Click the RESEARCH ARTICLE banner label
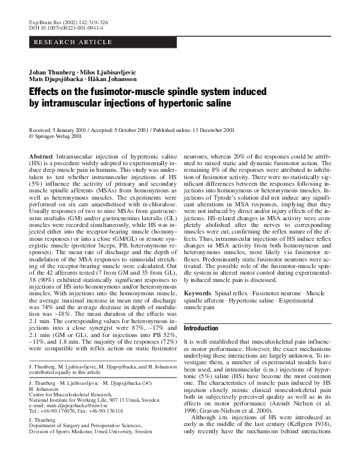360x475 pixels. coord(73,42)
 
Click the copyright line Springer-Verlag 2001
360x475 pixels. coord(57,136)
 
